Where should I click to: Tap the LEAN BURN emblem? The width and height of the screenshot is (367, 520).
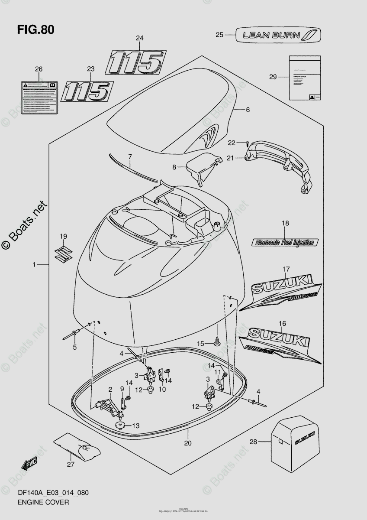(278, 35)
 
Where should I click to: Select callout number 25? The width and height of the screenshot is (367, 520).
(219, 35)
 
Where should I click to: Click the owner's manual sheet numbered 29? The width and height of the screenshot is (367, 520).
(305, 78)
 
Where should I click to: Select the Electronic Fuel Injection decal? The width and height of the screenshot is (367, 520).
(285, 242)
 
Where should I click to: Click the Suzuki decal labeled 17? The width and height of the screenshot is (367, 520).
(281, 295)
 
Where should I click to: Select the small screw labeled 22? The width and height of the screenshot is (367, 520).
(247, 143)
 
